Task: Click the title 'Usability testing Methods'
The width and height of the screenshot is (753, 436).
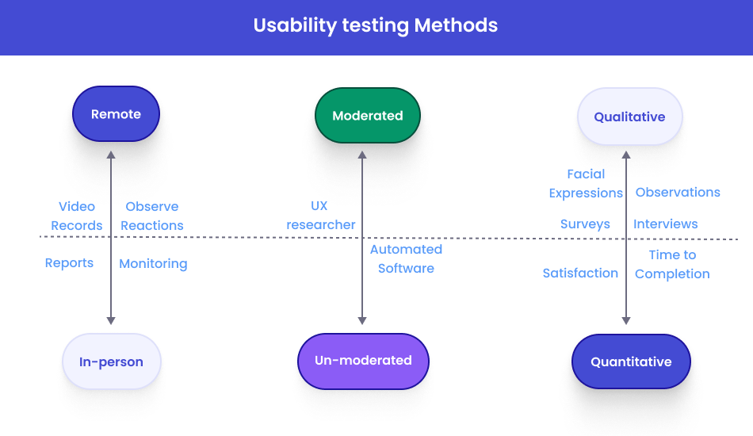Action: (376, 25)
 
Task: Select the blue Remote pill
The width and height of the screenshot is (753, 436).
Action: (116, 114)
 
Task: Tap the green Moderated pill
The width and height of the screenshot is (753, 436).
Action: (368, 116)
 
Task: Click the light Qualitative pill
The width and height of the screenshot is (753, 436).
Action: (629, 117)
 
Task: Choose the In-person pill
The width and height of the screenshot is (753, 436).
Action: (111, 361)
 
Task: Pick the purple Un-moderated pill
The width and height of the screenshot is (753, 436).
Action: (363, 361)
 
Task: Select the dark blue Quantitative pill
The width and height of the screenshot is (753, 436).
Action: (631, 361)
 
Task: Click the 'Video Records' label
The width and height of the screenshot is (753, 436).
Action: (77, 216)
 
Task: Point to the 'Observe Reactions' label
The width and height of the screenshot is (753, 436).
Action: (152, 216)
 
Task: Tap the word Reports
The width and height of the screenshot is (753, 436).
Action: (69, 263)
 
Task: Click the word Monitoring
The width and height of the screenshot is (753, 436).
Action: (153, 264)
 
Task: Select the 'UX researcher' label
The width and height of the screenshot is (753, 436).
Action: (321, 216)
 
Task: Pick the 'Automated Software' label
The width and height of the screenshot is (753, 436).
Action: (406, 258)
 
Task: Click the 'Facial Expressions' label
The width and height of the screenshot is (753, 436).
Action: (586, 183)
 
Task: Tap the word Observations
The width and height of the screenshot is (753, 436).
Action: (678, 192)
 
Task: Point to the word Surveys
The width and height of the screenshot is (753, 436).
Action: (585, 224)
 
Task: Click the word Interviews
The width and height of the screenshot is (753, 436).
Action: (666, 224)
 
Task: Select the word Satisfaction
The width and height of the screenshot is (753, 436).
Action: (580, 273)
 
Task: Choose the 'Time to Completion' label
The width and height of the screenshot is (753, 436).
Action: (672, 264)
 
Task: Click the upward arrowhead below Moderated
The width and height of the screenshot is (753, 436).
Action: (362, 155)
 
